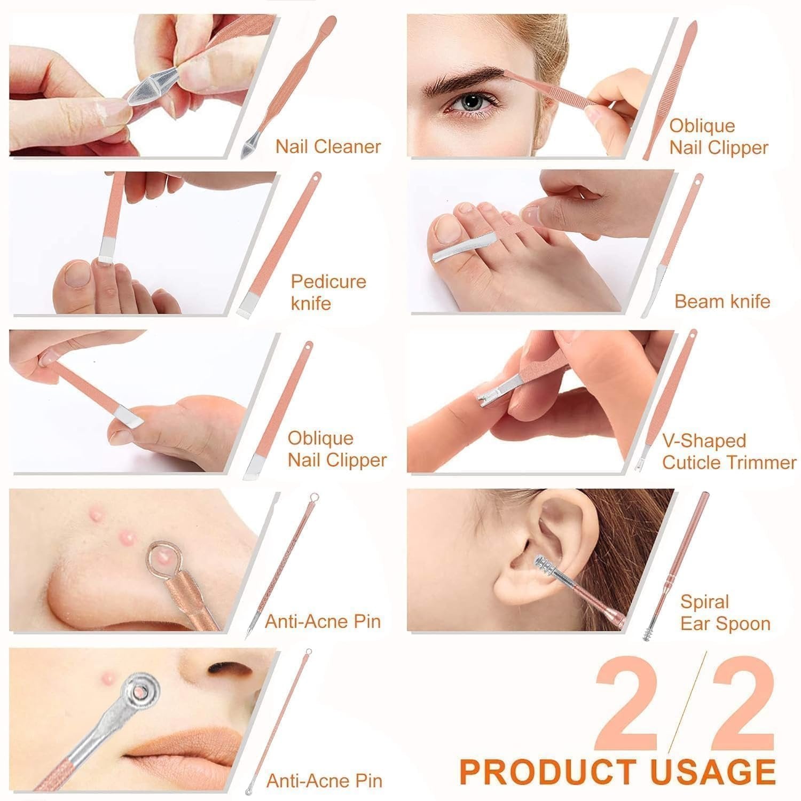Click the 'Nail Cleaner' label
(328, 146)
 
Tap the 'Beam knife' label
(721, 301)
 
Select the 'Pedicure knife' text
(328, 292)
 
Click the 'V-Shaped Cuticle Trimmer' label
(728, 451)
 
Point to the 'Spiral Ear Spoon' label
(725, 612)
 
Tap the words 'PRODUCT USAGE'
(617, 771)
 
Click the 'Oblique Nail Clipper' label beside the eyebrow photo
(718, 137)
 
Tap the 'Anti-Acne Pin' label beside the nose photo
(323, 622)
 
